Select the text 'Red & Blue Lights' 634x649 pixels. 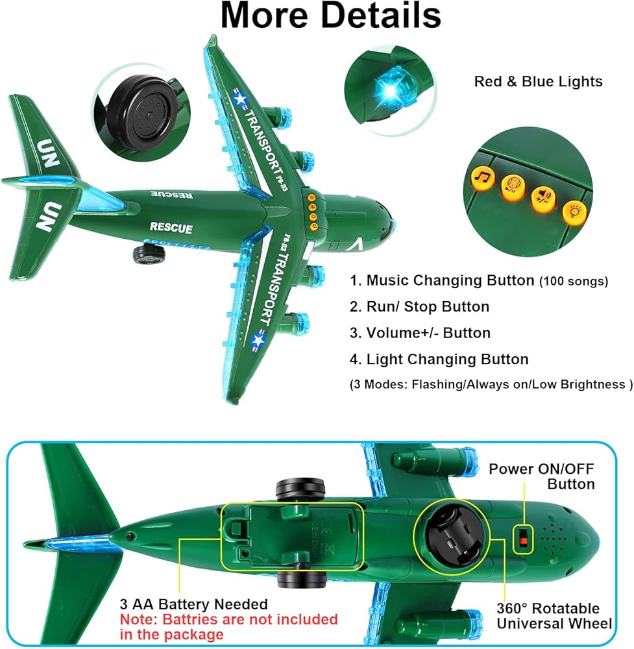click(x=538, y=82)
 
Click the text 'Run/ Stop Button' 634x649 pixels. click(x=428, y=306)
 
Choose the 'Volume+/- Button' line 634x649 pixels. click(x=428, y=333)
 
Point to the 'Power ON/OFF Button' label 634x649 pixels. click(x=541, y=476)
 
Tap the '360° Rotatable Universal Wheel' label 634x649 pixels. click(x=554, y=616)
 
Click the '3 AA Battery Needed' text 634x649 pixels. click(x=193, y=605)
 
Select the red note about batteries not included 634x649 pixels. click(x=228, y=626)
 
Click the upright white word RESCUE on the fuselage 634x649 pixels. click(x=171, y=227)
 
